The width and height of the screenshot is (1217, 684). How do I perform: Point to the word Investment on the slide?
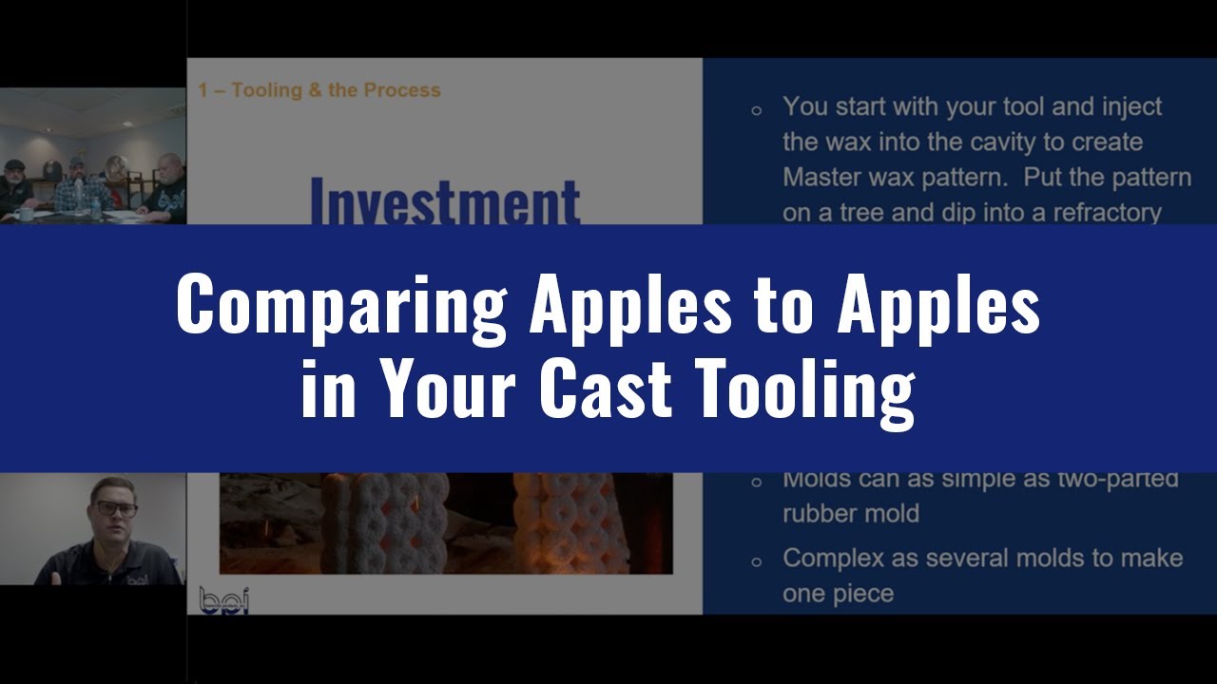[445, 201]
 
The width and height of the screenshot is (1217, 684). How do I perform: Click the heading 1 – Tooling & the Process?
[319, 90]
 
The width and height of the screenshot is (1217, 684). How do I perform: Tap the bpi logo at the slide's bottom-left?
[223, 599]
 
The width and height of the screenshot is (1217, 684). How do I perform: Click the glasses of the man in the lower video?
[116, 508]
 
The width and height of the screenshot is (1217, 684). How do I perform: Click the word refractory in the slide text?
[1104, 212]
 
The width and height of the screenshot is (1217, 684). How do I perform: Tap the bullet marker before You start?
[757, 110]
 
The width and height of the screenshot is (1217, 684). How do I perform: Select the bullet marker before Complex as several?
[757, 561]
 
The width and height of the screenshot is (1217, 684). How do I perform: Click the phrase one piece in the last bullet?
[838, 593]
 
